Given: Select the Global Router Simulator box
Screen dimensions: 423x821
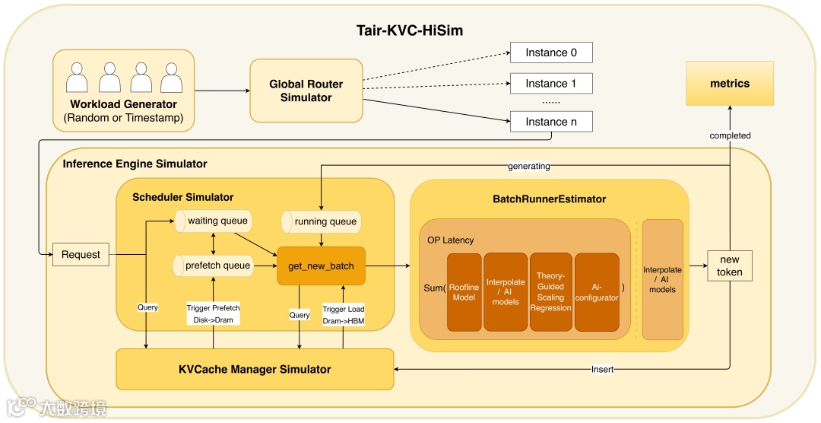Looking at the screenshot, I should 306,91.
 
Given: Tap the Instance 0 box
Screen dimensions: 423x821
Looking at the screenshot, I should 551,52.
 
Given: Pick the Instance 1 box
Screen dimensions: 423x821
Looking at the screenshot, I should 551,83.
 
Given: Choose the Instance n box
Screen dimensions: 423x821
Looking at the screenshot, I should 551,121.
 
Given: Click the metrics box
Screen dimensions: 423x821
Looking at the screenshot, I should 730,83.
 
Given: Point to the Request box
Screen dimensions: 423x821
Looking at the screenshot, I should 81,254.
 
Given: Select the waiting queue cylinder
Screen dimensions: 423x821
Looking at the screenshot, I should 214,221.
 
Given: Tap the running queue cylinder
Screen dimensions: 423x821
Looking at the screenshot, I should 320,221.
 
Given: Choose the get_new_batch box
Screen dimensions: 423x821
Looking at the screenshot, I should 321,266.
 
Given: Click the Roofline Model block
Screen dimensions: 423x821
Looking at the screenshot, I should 464,292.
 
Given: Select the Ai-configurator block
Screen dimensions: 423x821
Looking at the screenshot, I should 597,292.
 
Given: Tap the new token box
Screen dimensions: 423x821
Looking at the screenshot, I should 730,266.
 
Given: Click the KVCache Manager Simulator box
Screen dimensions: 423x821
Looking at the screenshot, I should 255,369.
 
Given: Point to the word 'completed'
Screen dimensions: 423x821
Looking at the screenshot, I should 730,135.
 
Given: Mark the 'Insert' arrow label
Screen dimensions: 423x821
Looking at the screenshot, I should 602,370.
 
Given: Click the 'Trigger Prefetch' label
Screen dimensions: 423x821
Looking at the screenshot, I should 214,308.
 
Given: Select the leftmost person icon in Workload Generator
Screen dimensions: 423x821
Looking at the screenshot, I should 78,78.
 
